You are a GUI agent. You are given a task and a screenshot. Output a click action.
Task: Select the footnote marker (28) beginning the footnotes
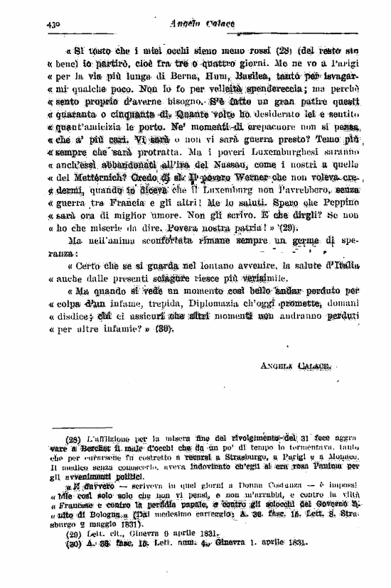(x=74, y=439)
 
